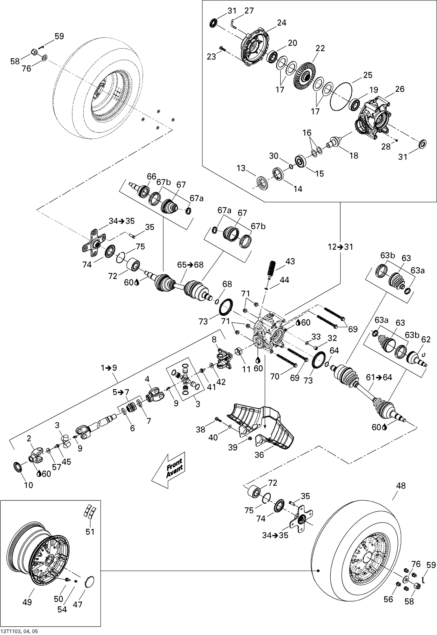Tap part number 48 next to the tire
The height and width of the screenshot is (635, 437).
tap(401, 486)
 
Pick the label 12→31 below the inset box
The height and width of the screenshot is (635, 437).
tap(340, 247)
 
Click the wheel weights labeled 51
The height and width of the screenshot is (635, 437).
tap(90, 512)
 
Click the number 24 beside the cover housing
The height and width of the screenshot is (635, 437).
tap(281, 23)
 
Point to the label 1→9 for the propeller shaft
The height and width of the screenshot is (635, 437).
tap(109, 368)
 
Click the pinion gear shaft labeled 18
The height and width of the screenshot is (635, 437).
tap(334, 142)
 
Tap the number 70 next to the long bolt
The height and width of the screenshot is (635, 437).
tap(275, 377)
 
